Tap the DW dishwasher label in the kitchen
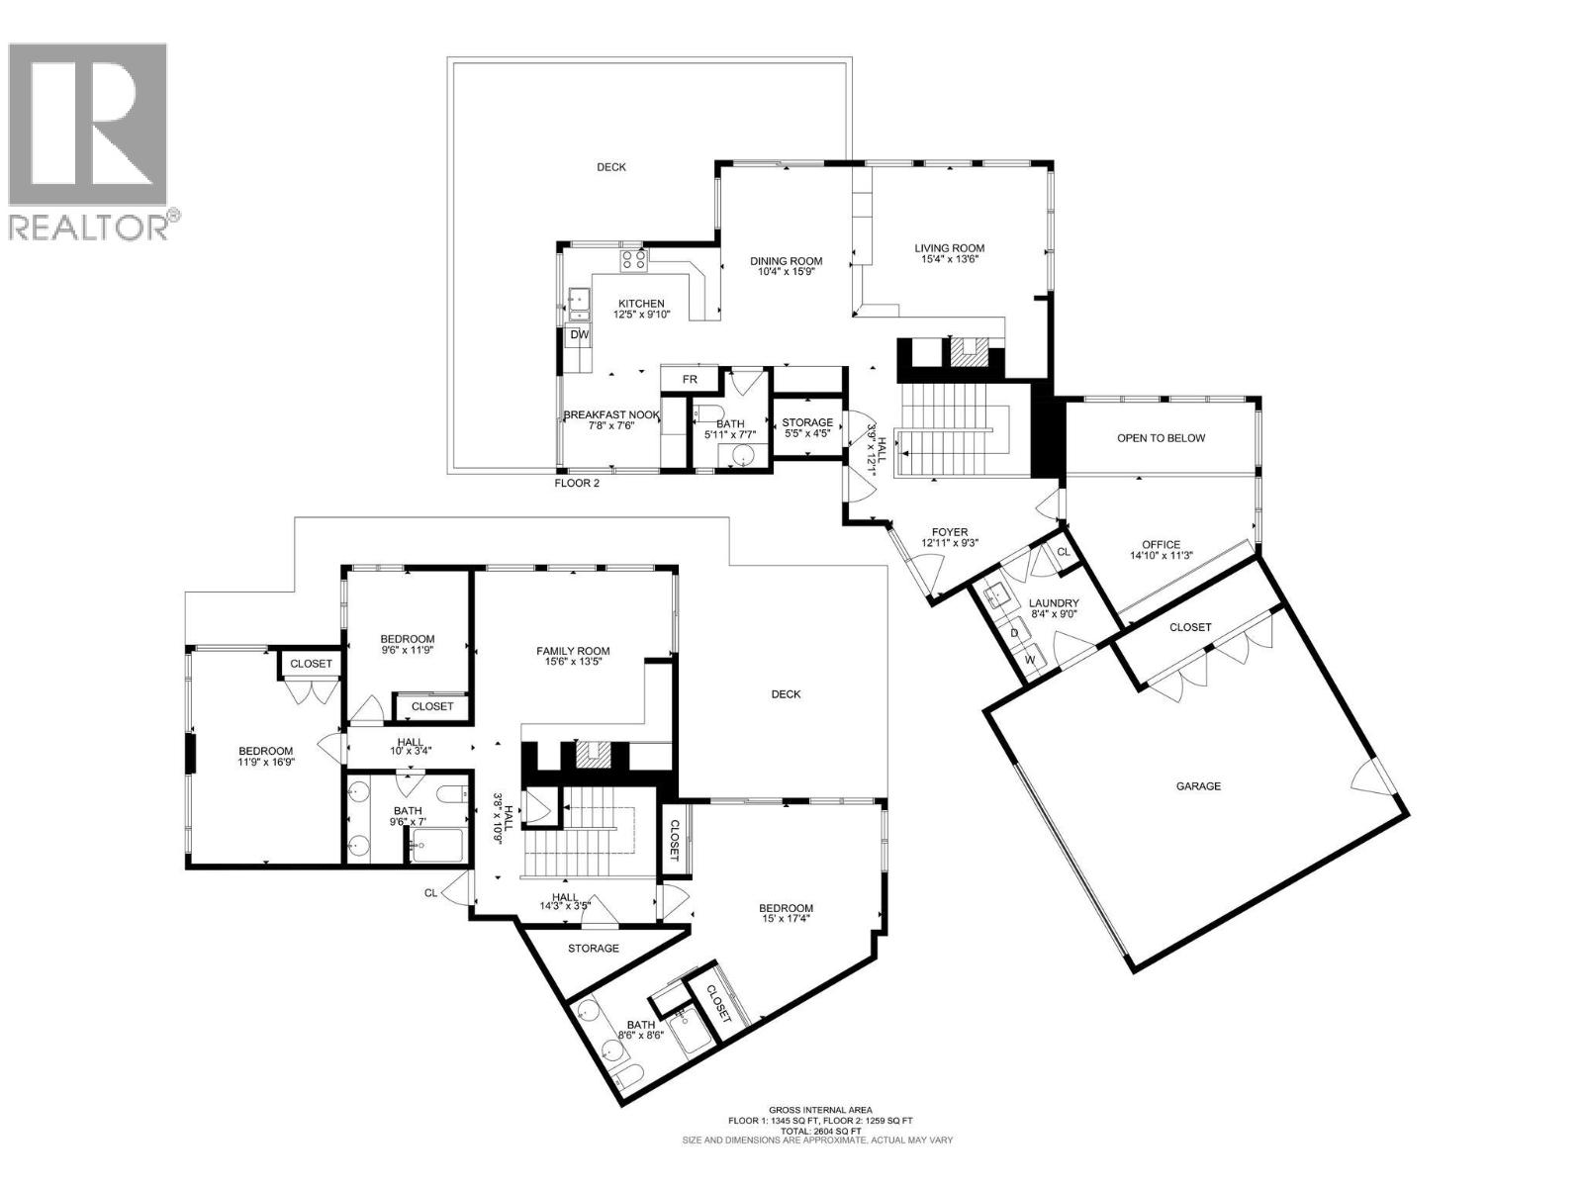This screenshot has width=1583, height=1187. (x=580, y=335)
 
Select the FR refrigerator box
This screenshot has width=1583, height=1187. (x=690, y=379)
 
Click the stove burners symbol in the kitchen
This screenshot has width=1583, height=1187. (x=633, y=261)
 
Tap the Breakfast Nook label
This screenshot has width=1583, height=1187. (x=611, y=414)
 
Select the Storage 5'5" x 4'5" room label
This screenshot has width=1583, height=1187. (x=807, y=422)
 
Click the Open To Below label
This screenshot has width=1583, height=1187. (x=1161, y=438)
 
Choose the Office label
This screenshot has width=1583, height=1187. (x=1161, y=544)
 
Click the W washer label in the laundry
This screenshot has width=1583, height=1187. (x=1029, y=659)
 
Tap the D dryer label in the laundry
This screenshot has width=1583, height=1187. (x=1014, y=632)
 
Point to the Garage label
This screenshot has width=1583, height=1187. (x=1198, y=786)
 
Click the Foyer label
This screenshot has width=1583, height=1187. (x=944, y=531)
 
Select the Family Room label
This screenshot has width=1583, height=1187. (x=573, y=651)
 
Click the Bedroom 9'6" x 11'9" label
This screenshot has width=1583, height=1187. (x=408, y=639)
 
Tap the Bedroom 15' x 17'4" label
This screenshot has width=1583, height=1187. (x=786, y=908)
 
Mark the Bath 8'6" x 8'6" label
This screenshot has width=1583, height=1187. (x=640, y=1025)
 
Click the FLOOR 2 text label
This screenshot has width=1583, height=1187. (x=576, y=484)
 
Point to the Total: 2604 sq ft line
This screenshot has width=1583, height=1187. (x=820, y=1131)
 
